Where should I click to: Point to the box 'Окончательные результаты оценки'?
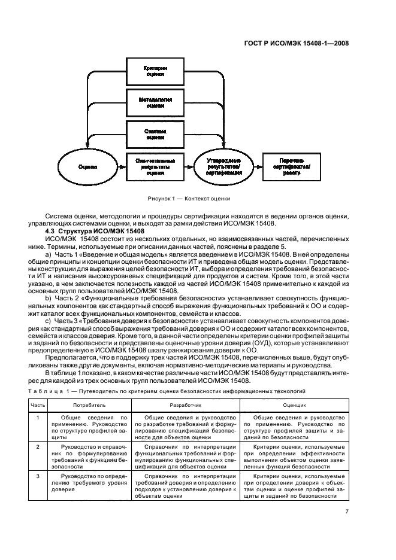(155, 165)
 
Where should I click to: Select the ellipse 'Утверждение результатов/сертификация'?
(225, 166)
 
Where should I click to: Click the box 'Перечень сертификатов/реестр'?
(292, 165)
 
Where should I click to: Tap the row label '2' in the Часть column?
(38, 446)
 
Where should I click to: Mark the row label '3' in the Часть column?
(38, 476)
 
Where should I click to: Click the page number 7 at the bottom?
(347, 512)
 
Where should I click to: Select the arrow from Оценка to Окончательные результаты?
(118, 166)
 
